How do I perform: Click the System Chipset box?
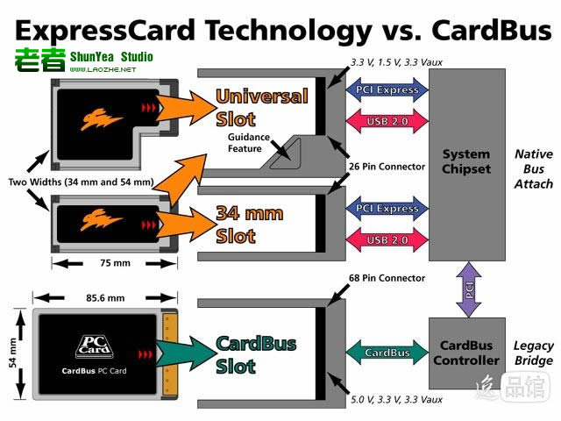click(x=467, y=165)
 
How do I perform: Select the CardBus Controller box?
click(x=467, y=353)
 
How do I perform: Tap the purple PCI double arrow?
click(x=469, y=289)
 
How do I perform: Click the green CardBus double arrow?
click(x=387, y=353)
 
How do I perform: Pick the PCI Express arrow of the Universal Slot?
click(x=387, y=89)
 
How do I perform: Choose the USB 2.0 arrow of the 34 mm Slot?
click(x=387, y=239)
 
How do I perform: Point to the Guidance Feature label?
click(x=248, y=143)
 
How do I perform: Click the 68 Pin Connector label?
click(x=387, y=278)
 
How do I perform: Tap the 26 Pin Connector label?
click(x=387, y=167)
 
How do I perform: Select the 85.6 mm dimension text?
click(x=105, y=298)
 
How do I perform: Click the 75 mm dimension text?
click(x=115, y=263)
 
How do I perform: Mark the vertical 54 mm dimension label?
click(x=13, y=353)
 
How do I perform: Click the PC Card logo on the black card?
click(x=95, y=346)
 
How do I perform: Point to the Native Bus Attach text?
click(x=534, y=169)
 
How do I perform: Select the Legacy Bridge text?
click(x=534, y=353)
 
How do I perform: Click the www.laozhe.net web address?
click(x=103, y=70)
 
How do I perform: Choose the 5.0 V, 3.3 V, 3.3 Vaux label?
click(x=396, y=400)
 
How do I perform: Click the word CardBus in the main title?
click(x=492, y=31)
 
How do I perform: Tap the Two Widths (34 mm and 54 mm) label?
click(x=82, y=182)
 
